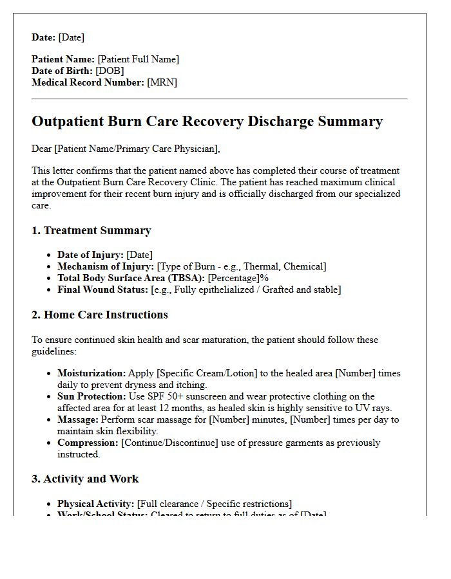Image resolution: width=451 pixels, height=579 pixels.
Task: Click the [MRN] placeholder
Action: (x=162, y=82)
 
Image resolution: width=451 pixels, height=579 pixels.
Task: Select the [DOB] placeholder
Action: (x=110, y=71)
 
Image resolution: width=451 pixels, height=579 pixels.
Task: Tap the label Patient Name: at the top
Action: (x=63, y=59)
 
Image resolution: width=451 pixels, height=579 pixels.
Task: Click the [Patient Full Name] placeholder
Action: (x=139, y=59)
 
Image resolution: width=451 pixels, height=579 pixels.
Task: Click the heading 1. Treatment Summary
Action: (x=91, y=230)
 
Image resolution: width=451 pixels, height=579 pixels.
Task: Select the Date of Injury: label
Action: (x=90, y=255)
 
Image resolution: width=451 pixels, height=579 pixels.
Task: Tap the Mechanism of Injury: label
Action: (x=106, y=266)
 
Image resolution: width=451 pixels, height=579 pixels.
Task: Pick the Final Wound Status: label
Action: (x=102, y=289)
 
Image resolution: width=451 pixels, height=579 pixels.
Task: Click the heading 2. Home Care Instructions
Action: (x=99, y=315)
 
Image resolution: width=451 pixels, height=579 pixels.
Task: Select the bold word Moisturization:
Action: (x=91, y=373)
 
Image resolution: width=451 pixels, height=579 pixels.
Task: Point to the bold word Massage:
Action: (x=78, y=419)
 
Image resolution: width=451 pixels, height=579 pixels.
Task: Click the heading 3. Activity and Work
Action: (x=85, y=479)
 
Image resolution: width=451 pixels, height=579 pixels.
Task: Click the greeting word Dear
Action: (x=42, y=149)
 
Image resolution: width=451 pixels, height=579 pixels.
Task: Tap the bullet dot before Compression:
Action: (x=50, y=443)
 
